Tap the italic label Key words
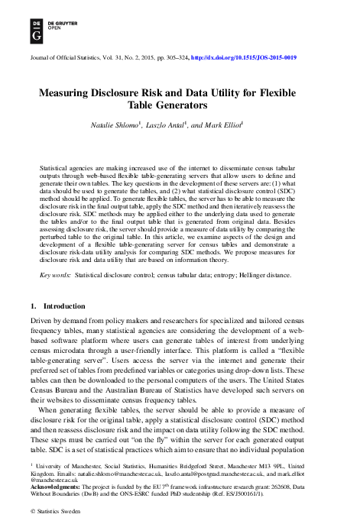57,273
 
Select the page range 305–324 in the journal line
172,58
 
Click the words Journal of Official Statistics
66,58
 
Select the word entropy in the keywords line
232,273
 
